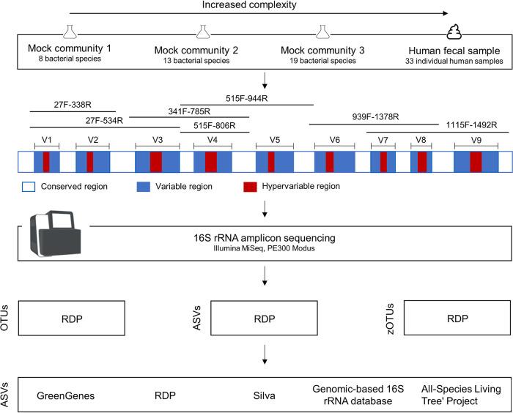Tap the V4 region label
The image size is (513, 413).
tap(211, 138)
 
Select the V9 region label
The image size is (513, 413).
tap(476, 138)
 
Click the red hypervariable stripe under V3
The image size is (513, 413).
tap(156, 161)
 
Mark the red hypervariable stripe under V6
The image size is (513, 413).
tap(329, 161)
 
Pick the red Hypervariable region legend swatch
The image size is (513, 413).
tap(250, 187)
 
